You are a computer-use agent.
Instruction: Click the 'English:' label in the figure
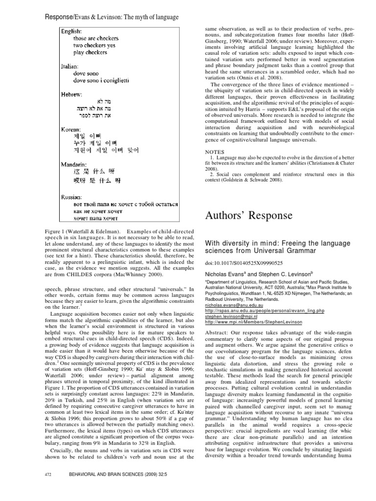point(71,31)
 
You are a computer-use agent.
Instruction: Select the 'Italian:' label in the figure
point(70,65)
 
